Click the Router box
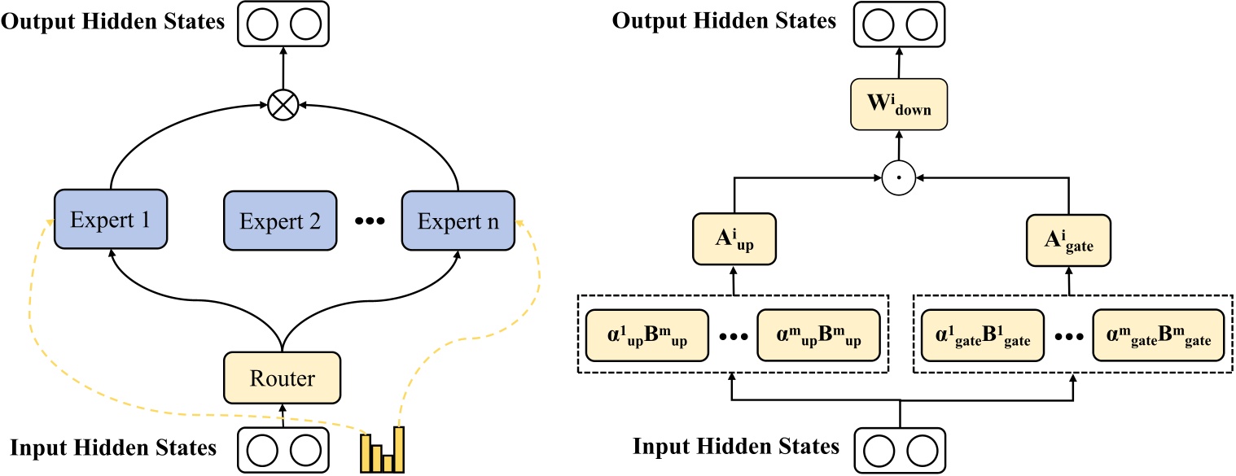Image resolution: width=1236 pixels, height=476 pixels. [281, 378]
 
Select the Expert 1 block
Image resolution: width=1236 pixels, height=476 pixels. [111, 219]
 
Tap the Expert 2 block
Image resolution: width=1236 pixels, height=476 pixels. [280, 220]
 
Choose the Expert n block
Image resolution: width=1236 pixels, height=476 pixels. [458, 220]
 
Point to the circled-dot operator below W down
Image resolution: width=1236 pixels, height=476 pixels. [899, 175]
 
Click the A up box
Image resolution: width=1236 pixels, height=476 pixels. [734, 240]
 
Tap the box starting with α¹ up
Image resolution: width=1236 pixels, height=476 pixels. [646, 335]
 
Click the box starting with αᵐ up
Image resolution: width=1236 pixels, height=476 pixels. [818, 335]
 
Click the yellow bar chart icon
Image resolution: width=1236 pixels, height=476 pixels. [383, 449]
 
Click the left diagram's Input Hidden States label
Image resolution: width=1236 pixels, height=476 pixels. [113, 447]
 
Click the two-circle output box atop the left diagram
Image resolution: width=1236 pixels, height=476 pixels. [282, 24]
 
